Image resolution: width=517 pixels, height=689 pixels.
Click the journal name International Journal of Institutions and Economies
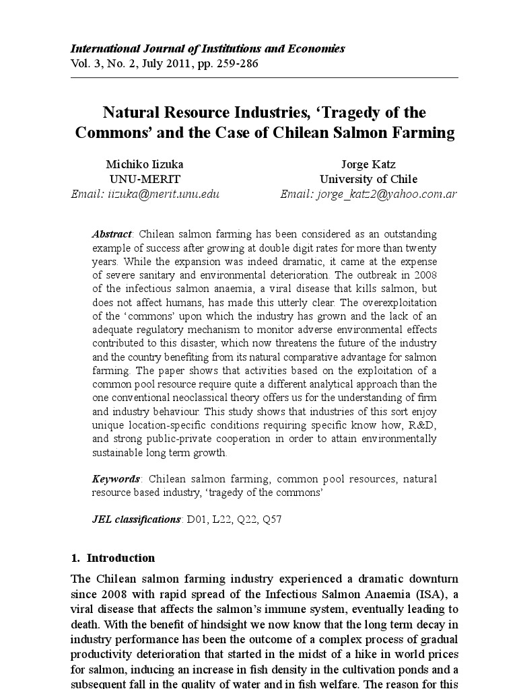(x=208, y=48)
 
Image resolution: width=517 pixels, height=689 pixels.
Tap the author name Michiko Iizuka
(x=145, y=164)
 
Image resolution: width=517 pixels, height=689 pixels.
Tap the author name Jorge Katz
(x=368, y=164)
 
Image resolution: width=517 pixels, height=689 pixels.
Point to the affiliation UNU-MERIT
(x=145, y=180)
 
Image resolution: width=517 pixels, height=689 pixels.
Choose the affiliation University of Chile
(x=368, y=180)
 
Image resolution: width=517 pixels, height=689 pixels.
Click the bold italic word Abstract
(x=112, y=234)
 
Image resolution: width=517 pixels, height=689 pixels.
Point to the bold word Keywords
(x=116, y=479)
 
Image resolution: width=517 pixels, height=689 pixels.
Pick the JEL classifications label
(x=137, y=519)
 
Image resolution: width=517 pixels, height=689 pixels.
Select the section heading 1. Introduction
(x=112, y=558)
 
